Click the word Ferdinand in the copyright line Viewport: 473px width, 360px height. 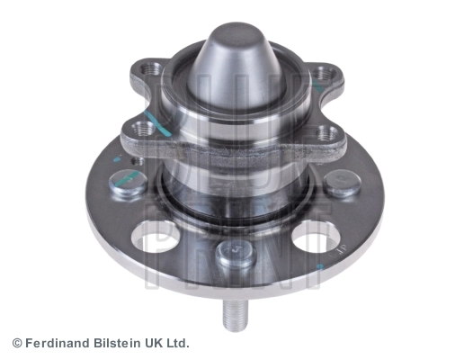click(x=58, y=343)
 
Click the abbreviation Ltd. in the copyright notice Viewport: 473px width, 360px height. click(x=177, y=343)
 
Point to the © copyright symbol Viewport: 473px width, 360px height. click(x=17, y=344)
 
